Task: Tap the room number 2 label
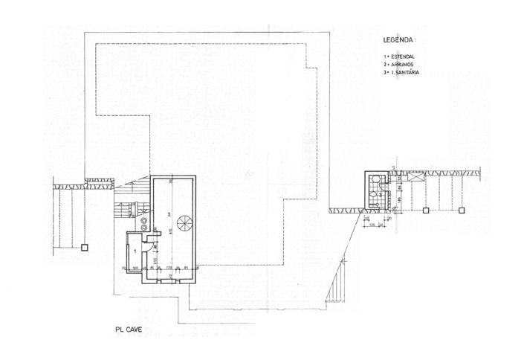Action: [169, 214]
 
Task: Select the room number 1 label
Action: [135, 251]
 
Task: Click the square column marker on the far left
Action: [85, 245]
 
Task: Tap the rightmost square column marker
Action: [462, 210]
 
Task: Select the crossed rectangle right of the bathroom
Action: [414, 177]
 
